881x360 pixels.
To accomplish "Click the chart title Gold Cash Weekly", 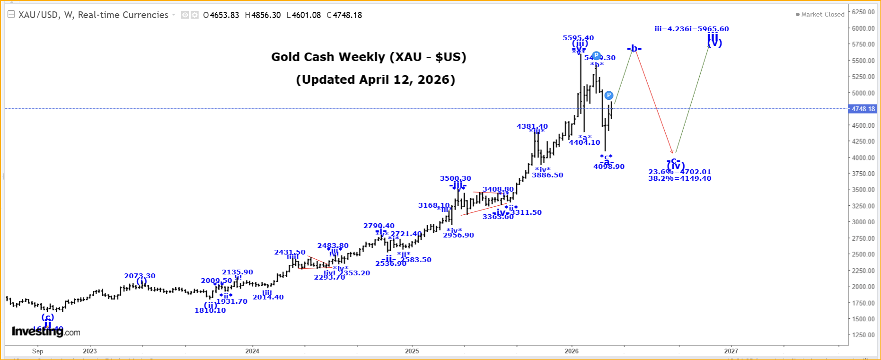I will (x=369, y=57).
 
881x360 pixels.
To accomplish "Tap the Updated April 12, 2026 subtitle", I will (x=375, y=79).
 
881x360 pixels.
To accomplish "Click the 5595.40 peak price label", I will (x=578, y=38).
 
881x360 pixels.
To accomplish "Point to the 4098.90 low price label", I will (x=608, y=167).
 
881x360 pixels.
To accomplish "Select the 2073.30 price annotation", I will (x=140, y=276).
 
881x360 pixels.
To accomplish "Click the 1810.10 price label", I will (x=210, y=310).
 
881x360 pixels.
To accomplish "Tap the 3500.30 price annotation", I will (x=455, y=178).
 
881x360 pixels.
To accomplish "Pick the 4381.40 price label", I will (x=532, y=126).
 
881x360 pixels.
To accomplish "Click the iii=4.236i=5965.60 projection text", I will (x=691, y=29).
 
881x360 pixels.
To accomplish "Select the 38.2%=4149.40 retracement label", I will (x=679, y=178).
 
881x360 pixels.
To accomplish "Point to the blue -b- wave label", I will (x=634, y=49).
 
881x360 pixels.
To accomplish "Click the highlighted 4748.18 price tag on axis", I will (x=863, y=109).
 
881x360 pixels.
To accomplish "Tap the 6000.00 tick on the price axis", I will (x=863, y=28).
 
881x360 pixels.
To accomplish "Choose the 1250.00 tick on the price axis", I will (x=863, y=335).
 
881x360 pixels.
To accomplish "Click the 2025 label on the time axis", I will (x=412, y=351).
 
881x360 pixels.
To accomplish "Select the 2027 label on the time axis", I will (x=731, y=351).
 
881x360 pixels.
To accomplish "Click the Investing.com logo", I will (x=46, y=332).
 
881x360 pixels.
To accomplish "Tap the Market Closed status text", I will (x=822, y=15).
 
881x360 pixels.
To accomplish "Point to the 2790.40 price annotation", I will (x=379, y=226).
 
